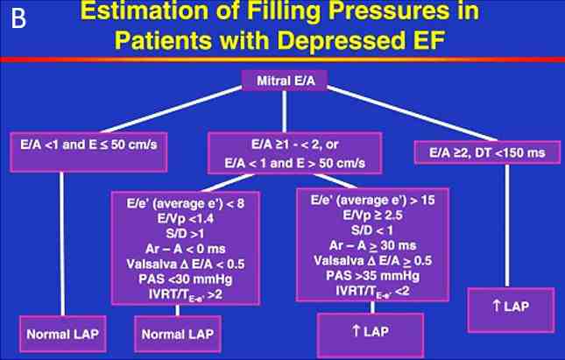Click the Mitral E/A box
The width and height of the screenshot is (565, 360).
pyautogui.click(x=285, y=81)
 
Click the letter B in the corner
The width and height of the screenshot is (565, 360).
pyautogui.click(x=18, y=18)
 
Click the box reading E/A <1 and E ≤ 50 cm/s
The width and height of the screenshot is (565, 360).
pyautogui.click(x=88, y=152)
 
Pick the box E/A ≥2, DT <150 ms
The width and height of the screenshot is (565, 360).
pyautogui.click(x=487, y=152)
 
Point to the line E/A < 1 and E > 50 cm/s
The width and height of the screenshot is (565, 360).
pyautogui.click(x=294, y=163)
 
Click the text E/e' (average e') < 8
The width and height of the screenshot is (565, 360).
pyautogui.click(x=185, y=203)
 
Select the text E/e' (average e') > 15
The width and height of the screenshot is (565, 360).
pyautogui.click(x=372, y=200)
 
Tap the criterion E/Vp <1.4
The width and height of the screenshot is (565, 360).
pyautogui.click(x=185, y=219)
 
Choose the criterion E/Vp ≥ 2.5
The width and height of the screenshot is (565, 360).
pyautogui.click(x=372, y=215)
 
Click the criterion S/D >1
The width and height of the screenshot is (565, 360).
pyautogui.click(x=185, y=234)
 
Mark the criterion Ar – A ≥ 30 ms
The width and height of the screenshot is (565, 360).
pyautogui.click(x=372, y=246)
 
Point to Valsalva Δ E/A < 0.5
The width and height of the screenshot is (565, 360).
pyautogui.click(x=185, y=265)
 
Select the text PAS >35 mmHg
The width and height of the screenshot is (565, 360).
pyautogui.click(x=372, y=276)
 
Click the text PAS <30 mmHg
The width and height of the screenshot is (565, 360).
pyautogui.click(x=185, y=279)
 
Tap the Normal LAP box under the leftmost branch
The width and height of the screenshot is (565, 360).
pyautogui.click(x=63, y=334)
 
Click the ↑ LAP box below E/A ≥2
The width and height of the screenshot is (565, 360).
pyautogui.click(x=511, y=310)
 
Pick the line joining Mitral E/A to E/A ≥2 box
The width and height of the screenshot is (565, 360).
pyautogui.click(x=413, y=113)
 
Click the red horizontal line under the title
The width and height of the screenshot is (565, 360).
pyautogui.click(x=282, y=60)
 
